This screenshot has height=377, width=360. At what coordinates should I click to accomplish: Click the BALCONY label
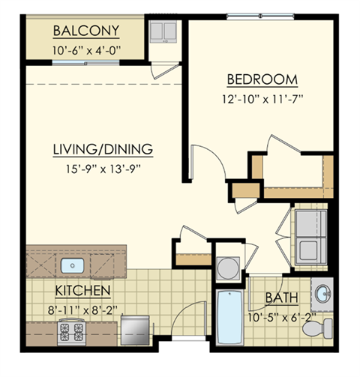pos(86,32)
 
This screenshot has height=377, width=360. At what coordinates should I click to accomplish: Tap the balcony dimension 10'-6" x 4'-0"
pos(86,50)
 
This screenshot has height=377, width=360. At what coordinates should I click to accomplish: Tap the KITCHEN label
pos(82,289)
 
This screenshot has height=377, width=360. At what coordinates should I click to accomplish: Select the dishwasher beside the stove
pos(133,327)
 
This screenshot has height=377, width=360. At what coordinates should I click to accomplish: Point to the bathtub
pos(227,319)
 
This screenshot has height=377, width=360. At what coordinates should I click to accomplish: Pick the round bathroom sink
pos(322,292)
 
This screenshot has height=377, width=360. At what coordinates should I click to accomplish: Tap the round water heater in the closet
pos(227,267)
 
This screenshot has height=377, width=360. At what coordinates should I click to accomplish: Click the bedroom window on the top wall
pos(257,16)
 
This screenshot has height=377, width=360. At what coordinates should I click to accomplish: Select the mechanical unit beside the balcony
pos(163,34)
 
